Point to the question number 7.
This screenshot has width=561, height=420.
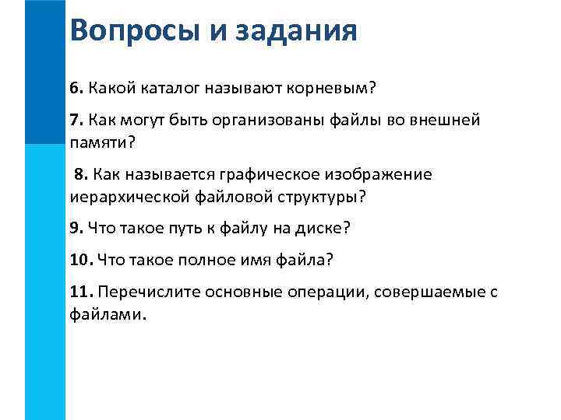75,121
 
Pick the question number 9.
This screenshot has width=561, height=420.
75,229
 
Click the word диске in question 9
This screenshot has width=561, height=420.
319,229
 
